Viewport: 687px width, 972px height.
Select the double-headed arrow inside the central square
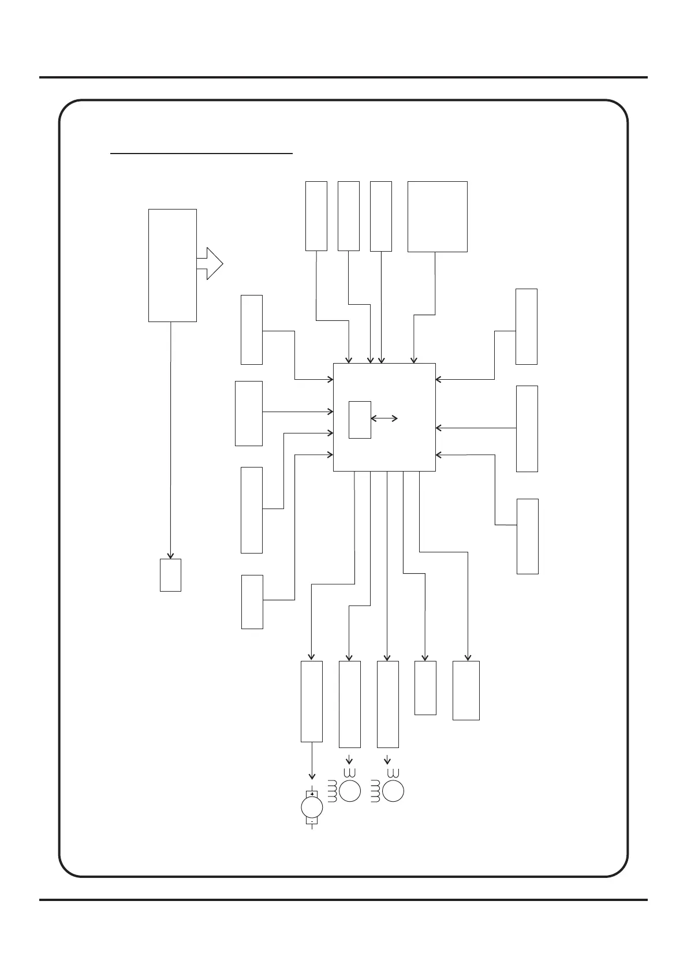[384, 418]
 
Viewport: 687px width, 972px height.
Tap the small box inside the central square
[360, 419]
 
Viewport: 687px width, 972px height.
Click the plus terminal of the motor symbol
[312, 794]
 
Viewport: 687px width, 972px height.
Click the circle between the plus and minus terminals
[312, 807]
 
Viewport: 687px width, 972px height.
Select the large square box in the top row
[437, 216]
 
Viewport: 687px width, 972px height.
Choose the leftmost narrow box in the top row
[316, 216]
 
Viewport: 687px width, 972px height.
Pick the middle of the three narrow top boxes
[348, 216]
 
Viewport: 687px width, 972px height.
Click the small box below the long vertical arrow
[170, 575]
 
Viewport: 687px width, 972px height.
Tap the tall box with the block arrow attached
[172, 265]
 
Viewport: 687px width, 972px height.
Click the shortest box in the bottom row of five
[425, 688]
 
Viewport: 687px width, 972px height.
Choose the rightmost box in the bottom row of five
[466, 690]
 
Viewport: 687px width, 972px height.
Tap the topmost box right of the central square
[526, 326]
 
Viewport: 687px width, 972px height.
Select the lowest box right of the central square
[527, 536]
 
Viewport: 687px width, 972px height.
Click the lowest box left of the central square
[252, 601]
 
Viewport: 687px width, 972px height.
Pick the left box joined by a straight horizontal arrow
[249, 413]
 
